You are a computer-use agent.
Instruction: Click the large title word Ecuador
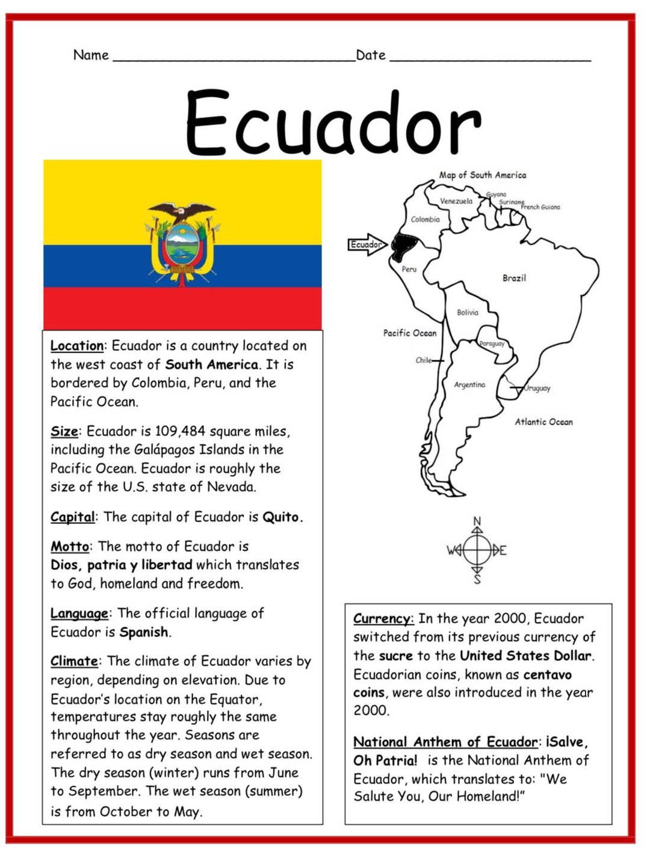[x=333, y=123]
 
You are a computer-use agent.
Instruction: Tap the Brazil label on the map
[x=514, y=278]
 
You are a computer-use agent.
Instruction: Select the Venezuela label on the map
[x=456, y=201]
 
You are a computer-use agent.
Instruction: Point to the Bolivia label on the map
[x=467, y=312]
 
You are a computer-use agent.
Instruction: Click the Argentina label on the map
[x=469, y=384]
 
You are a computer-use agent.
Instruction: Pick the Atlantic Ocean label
[x=543, y=422]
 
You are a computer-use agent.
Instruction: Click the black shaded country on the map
[x=403, y=245]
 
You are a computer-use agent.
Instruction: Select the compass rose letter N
[x=477, y=521]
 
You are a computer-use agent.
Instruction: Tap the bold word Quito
[x=282, y=517]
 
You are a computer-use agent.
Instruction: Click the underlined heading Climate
[x=74, y=661]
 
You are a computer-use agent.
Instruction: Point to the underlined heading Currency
[x=383, y=618]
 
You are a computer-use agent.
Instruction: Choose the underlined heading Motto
[x=70, y=546]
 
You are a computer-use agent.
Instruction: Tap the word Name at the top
[x=91, y=55]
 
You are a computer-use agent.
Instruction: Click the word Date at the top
[x=371, y=55]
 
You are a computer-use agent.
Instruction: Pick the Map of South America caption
[x=482, y=175]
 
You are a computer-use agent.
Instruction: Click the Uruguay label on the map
[x=537, y=388]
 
